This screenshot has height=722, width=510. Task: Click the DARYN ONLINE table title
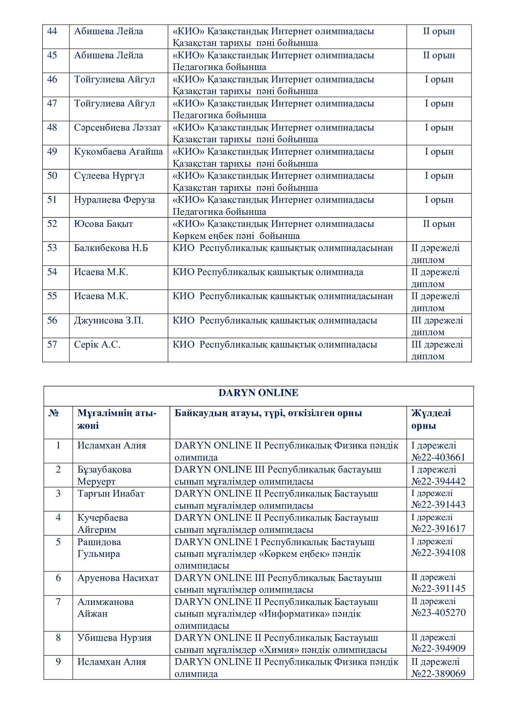(258, 393)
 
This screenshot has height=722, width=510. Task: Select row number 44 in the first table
(52, 31)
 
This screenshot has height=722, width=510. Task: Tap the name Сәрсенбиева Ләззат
(117, 128)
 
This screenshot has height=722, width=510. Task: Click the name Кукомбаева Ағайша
(118, 152)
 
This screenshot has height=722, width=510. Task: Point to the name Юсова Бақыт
(103, 224)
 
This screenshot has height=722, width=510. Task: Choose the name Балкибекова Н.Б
(111, 248)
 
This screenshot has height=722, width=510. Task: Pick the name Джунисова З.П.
(109, 321)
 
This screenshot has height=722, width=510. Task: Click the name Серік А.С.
(97, 345)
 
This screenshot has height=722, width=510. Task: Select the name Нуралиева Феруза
(114, 200)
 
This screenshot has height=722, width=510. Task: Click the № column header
(54, 413)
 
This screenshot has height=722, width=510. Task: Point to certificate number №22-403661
(438, 457)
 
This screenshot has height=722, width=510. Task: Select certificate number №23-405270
(438, 612)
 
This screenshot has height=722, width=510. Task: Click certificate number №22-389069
(438, 674)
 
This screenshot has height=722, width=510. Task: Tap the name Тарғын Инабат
(111, 494)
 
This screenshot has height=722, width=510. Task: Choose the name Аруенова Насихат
(118, 578)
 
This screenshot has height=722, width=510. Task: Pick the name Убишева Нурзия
(114, 638)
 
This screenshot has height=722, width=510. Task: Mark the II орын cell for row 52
(439, 224)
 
